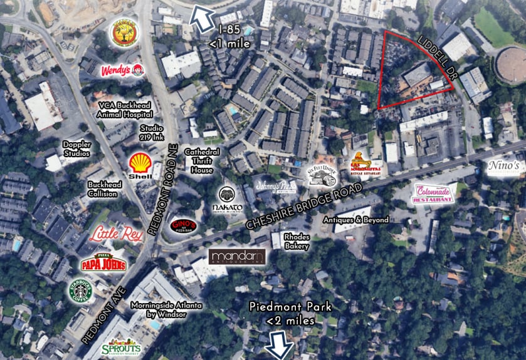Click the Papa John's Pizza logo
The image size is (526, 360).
(103, 262)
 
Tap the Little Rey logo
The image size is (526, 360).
(115, 235)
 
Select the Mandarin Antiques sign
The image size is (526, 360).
(238, 257)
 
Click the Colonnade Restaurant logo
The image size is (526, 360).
(433, 193)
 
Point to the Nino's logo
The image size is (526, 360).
(505, 166)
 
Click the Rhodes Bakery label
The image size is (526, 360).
(297, 241)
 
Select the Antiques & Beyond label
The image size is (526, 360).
(356, 220)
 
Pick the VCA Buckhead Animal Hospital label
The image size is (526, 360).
(125, 111)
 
